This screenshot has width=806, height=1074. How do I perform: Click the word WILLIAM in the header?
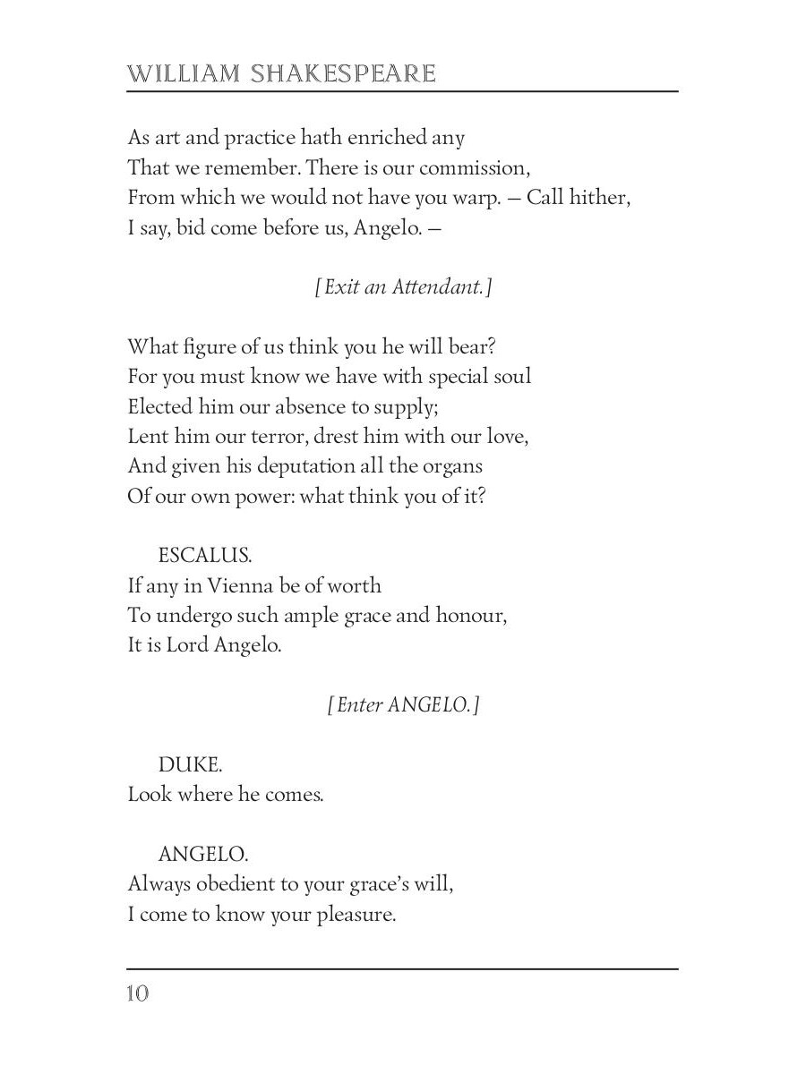(184, 73)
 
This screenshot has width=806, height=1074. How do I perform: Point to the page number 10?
(138, 993)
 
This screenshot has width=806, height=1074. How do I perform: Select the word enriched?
(388, 139)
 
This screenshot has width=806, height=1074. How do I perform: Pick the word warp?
(476, 199)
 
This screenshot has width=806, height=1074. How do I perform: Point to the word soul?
(510, 376)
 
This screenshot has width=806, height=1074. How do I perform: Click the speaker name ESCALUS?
(205, 556)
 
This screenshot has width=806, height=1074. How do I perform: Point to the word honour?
(471, 616)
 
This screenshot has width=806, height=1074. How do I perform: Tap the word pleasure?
(356, 915)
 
